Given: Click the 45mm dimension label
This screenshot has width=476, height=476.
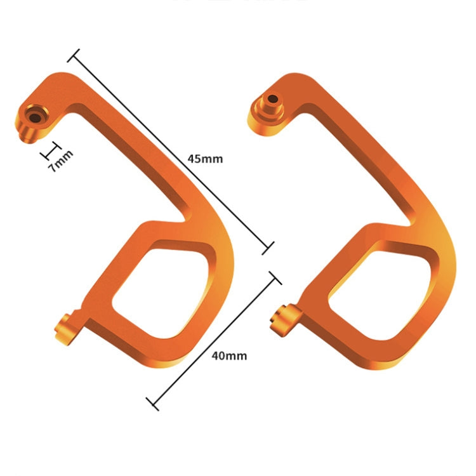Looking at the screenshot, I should [205, 159].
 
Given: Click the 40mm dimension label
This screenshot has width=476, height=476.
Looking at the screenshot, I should [228, 355].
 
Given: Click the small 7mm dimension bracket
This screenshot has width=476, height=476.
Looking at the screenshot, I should [50, 149].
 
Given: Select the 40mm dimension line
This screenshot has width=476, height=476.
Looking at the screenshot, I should [213, 340].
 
